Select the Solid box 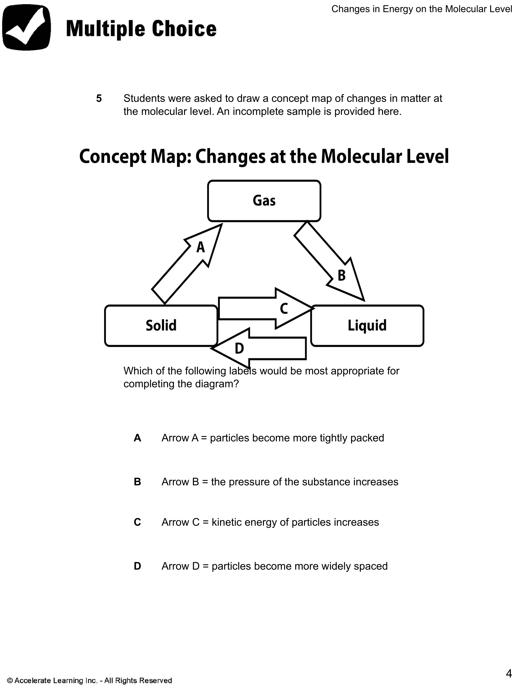point(161,326)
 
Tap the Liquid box point(367,326)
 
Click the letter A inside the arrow point(200,248)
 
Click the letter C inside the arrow point(284,309)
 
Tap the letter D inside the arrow point(239,348)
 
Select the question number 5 point(99,98)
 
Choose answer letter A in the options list point(137,438)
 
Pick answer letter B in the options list point(137,482)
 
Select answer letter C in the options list point(137,522)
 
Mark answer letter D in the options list point(137,566)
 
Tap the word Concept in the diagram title point(113,156)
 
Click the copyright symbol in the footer point(10,680)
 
